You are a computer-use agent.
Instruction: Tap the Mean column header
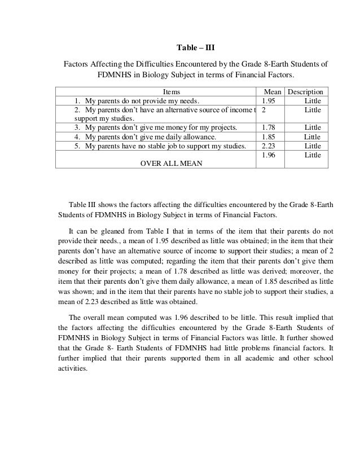point(269,91)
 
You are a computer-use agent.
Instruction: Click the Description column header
point(305,91)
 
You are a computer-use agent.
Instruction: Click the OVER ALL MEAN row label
point(172,163)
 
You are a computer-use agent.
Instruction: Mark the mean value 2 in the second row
point(264,109)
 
